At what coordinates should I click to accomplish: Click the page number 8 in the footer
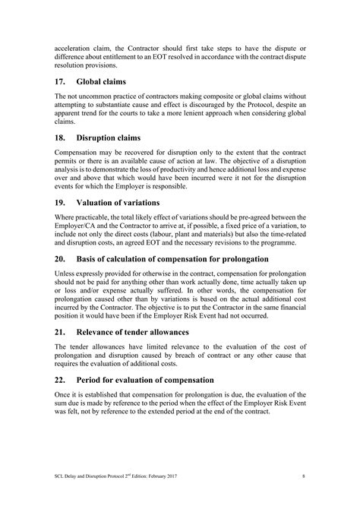[x=303, y=476]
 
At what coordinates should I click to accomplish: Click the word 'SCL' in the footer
[x=61, y=476]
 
